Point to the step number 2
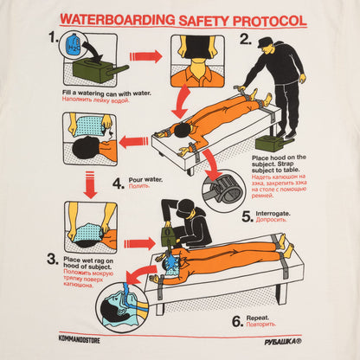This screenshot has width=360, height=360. (245, 38)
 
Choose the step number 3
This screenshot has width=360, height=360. (54, 258)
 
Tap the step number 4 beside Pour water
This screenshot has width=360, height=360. (118, 183)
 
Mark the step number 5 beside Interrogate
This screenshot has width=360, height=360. (247, 217)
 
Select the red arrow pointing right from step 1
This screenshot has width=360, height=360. (145, 56)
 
